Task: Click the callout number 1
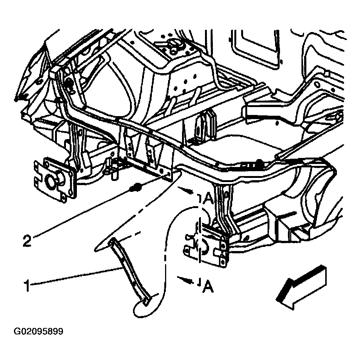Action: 27,285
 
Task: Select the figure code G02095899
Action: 38,331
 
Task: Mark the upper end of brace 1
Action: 112,241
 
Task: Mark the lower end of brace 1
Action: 146,302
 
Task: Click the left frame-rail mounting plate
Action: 55,179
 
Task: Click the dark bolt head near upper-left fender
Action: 69,83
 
